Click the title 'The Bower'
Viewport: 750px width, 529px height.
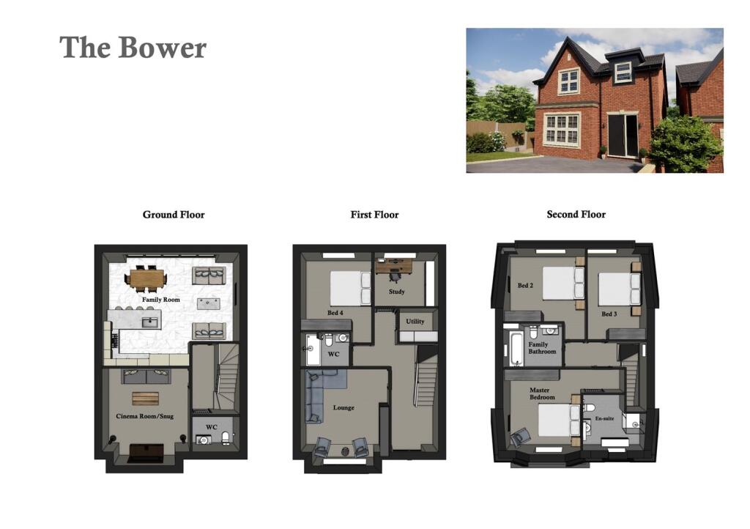(133, 48)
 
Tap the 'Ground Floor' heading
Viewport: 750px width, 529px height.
(174, 215)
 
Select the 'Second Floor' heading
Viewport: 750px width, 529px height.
(576, 215)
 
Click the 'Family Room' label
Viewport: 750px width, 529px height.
(161, 300)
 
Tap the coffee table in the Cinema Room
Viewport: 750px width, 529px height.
(145, 398)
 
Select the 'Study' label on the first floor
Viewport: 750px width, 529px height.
(396, 292)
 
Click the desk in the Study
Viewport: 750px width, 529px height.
(393, 266)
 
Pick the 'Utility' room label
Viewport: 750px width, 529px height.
(415, 321)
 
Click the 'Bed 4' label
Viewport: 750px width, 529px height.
(335, 314)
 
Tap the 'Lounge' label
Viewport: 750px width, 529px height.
(344, 407)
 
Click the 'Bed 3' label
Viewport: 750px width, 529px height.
(609, 314)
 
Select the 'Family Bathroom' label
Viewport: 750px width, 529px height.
(543, 348)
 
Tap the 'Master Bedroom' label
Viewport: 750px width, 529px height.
(543, 394)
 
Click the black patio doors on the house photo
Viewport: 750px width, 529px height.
(623, 136)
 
